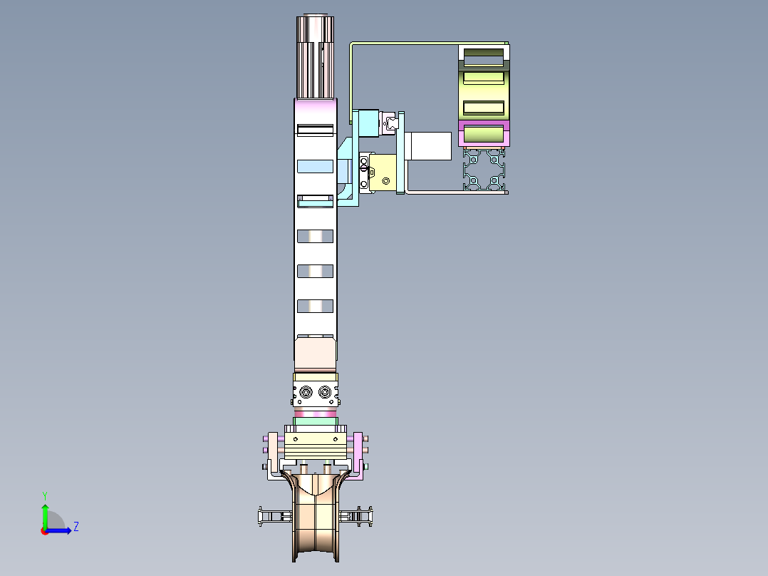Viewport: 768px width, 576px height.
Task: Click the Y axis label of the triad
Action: tap(44, 495)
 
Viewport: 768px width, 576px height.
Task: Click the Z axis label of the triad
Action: tap(76, 527)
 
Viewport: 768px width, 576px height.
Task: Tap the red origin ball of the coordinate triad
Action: tap(44, 530)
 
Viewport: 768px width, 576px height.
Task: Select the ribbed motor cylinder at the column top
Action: tap(315, 57)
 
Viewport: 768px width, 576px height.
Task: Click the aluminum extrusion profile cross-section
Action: tap(484, 170)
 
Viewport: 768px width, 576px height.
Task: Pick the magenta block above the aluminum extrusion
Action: tap(484, 133)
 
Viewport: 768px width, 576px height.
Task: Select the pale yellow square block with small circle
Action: tap(385, 174)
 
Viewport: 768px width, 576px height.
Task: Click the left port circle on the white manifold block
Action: tap(306, 392)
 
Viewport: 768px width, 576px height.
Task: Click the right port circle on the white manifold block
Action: tap(326, 392)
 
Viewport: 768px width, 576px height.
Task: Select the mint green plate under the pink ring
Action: tap(315, 421)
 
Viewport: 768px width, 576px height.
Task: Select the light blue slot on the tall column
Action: tap(315, 167)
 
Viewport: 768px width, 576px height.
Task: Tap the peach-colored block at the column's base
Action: tap(315, 353)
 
